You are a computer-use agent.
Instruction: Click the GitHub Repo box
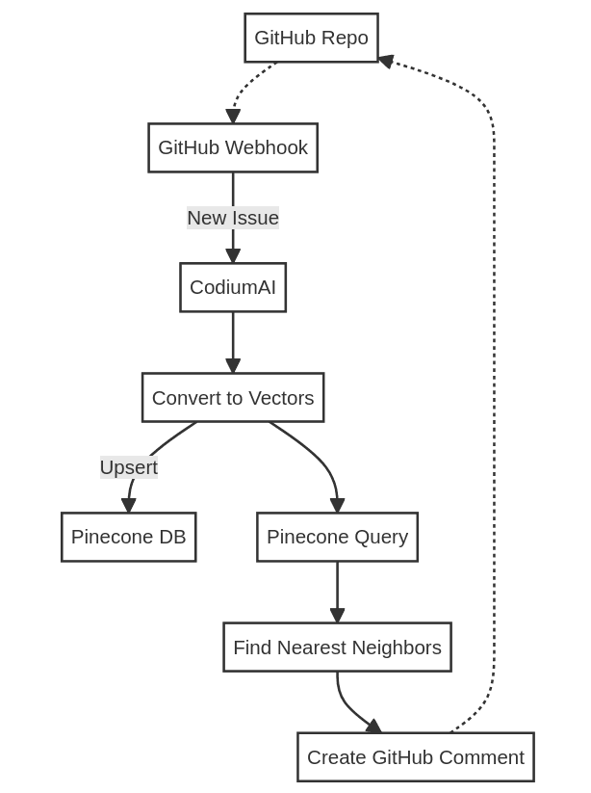coord(311,38)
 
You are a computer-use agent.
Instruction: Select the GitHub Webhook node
coord(233,147)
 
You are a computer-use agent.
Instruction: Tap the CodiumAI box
coord(233,287)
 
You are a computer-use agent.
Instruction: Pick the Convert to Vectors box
coord(233,398)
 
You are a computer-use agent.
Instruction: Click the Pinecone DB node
coord(129,537)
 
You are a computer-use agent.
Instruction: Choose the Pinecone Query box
coord(337,537)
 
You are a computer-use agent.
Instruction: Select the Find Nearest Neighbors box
coord(337,648)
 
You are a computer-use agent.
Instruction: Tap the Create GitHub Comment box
coord(416,757)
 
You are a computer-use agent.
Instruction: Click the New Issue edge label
coord(233,218)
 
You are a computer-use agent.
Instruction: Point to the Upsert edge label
coord(129,467)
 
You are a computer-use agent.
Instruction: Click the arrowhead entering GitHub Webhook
coord(233,117)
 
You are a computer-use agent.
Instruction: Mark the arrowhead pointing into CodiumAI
coord(233,256)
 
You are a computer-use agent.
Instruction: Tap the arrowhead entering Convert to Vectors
coord(233,366)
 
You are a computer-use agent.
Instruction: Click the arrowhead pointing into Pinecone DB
coord(129,506)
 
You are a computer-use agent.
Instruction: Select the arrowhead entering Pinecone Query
coord(337,506)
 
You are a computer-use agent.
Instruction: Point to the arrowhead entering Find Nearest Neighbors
coord(337,616)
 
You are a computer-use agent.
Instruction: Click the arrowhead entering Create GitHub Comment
coord(373,727)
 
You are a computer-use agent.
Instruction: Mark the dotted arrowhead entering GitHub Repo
coord(386,61)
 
